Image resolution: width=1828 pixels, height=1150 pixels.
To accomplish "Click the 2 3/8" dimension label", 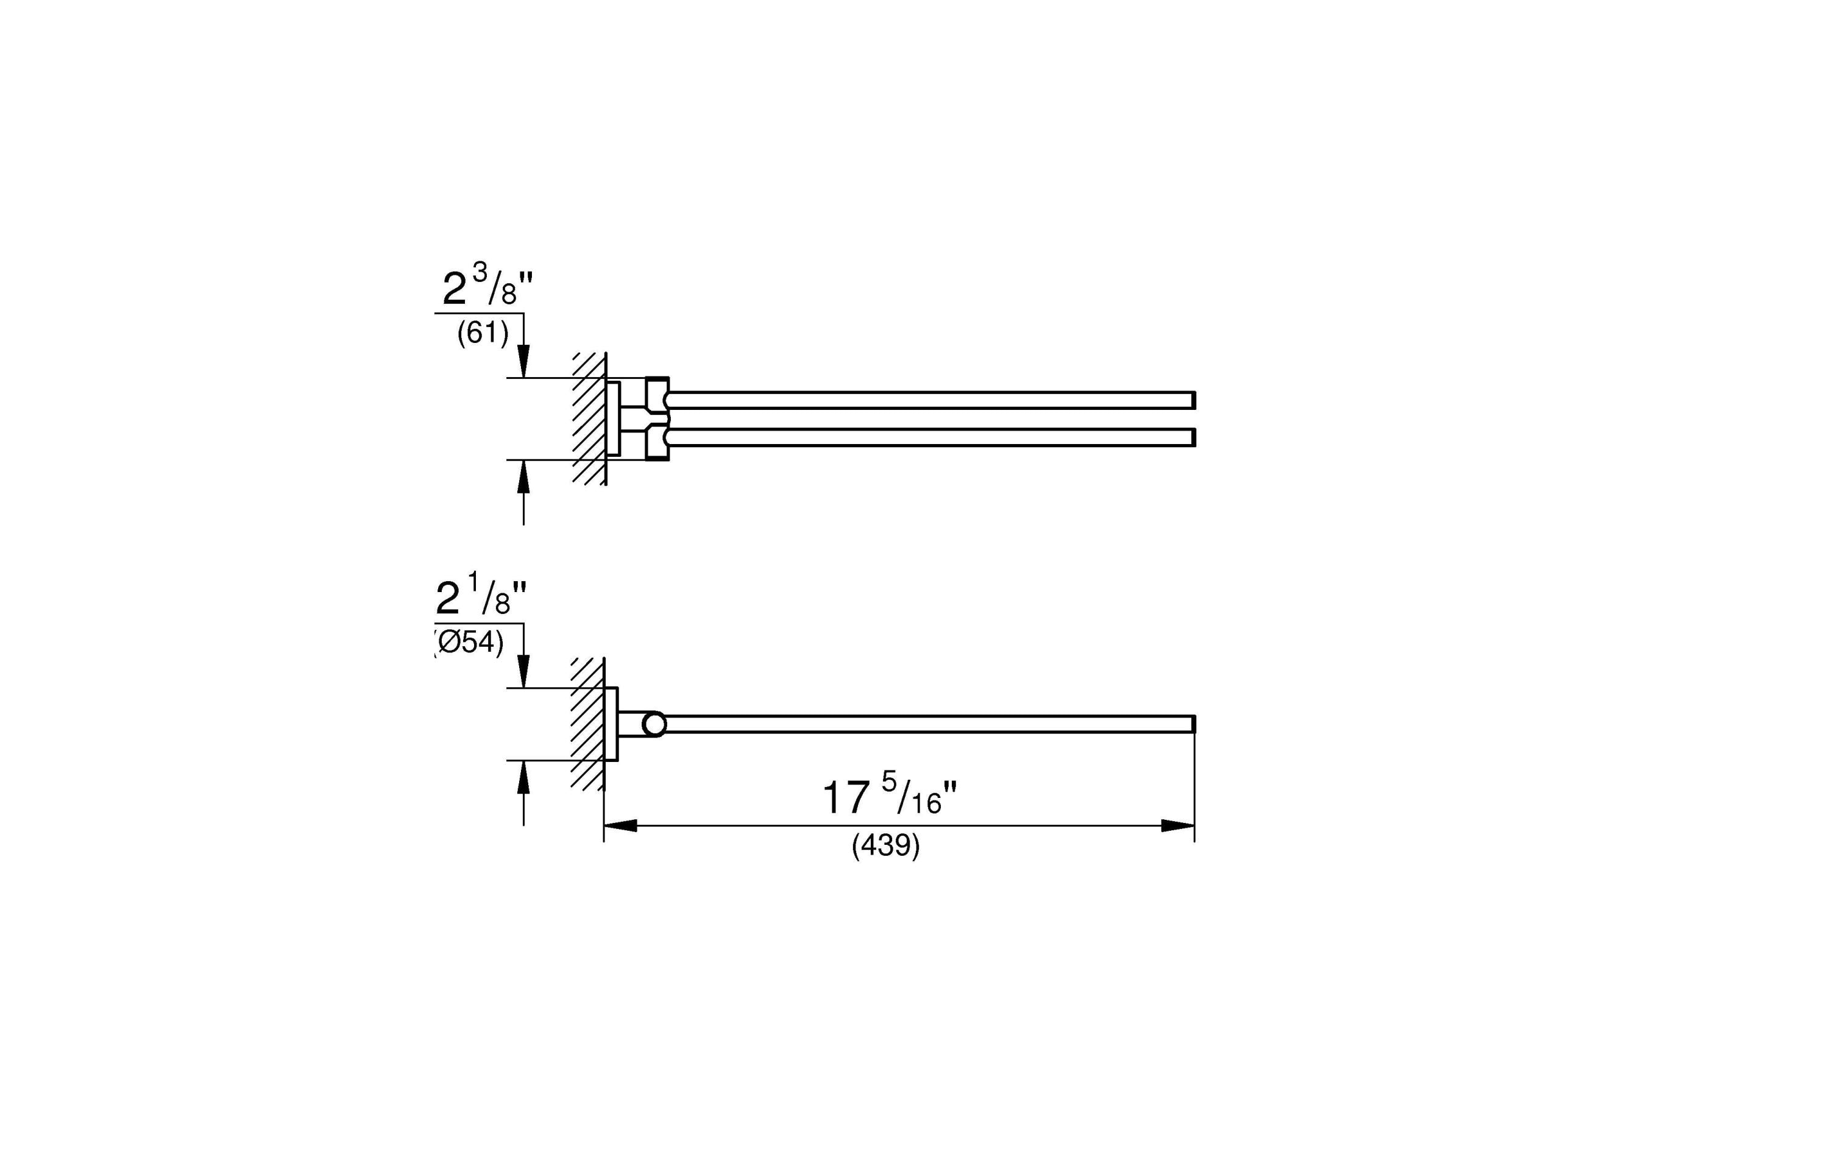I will (x=487, y=287).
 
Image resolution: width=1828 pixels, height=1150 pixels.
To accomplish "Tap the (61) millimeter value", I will (x=483, y=333).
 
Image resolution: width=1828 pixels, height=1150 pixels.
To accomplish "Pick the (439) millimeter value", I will (x=886, y=845).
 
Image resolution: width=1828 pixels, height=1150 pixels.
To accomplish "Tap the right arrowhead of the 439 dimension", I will (x=1178, y=826).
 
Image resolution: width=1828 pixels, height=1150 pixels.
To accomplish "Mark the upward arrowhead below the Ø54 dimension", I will (x=523, y=777).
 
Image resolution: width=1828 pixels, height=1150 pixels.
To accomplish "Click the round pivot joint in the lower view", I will (x=654, y=724).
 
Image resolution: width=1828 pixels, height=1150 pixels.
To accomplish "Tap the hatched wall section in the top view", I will (x=589, y=419).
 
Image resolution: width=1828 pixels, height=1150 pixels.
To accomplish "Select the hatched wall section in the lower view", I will (x=587, y=724).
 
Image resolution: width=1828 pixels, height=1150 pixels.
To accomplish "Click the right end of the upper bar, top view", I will (x=1192, y=400).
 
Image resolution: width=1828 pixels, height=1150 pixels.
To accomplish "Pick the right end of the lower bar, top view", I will (x=1192, y=437).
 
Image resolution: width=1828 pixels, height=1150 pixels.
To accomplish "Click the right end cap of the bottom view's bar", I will (x=1192, y=724).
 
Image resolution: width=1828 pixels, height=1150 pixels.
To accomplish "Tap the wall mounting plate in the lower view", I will (x=611, y=724).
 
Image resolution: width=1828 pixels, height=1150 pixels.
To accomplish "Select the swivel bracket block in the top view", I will (x=657, y=419).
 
